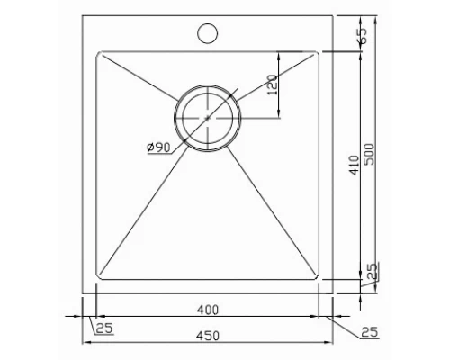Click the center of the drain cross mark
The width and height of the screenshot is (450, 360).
point(207,118)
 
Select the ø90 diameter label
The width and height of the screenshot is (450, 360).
point(158,147)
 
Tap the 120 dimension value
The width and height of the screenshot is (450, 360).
point(272,85)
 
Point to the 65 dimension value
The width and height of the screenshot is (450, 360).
point(363,36)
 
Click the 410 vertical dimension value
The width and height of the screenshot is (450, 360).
point(355,165)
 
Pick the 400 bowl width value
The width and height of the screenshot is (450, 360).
point(208,310)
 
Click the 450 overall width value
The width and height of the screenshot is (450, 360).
point(208,336)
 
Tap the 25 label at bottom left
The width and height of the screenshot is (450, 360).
point(104,328)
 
